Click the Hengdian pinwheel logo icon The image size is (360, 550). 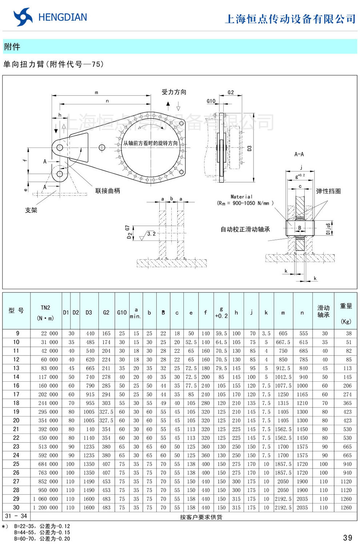[x=23, y=17]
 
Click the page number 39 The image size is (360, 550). [x=347, y=538]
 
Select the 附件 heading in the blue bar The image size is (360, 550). [x=12, y=47]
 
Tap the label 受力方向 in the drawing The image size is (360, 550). [x=173, y=92]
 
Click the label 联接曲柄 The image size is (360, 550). [x=107, y=190]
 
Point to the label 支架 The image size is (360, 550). [x=31, y=210]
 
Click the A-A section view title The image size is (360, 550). [x=299, y=154]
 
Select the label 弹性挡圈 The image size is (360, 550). [x=328, y=191]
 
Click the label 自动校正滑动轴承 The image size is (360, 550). [x=245, y=229]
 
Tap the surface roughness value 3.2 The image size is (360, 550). [x=151, y=234]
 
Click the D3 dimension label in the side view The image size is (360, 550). [x=249, y=148]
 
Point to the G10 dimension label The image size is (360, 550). [x=211, y=101]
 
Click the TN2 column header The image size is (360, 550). [x=45, y=308]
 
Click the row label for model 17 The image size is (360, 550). [x=16, y=394]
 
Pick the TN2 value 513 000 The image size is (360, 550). [x=48, y=446]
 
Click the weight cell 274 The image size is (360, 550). [x=347, y=394]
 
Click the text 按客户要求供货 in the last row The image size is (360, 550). [x=201, y=517]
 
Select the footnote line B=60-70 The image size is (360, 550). [x=42, y=539]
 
